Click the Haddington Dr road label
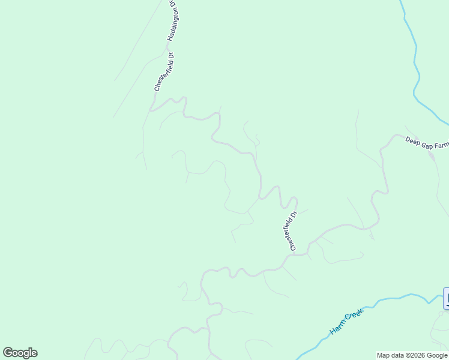pos(172,21)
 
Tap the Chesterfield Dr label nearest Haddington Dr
pos(163,72)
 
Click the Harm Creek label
pos(347,323)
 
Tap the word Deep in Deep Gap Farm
pos(412,140)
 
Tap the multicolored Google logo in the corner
pos(20,353)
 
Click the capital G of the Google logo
pos(8,353)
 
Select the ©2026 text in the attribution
pos(411,355)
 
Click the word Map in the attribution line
pos(384,355)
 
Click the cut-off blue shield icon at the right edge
pos(446,298)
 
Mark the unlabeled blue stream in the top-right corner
pos(415,60)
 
